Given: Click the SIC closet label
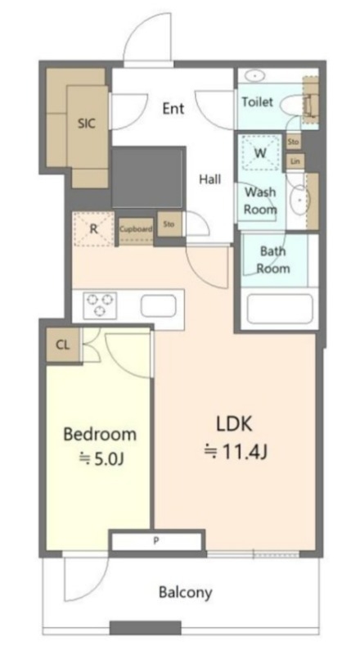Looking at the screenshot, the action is [87, 124].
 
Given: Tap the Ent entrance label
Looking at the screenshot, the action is [173, 109].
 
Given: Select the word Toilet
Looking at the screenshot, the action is [257, 102].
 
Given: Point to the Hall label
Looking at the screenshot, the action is [209, 179].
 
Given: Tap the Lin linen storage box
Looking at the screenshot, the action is [295, 161].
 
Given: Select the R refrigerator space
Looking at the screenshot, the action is [93, 229].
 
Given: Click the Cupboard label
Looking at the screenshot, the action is [136, 229].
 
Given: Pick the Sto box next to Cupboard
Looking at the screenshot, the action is [169, 224].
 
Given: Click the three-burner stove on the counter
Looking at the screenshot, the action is [100, 305].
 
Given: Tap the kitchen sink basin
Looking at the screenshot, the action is [158, 305].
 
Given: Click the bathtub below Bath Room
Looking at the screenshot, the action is [280, 309].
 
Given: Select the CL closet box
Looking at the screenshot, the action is [63, 345].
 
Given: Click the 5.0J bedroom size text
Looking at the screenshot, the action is [102, 459].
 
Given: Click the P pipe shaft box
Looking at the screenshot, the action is [156, 542].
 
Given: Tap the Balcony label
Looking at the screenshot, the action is [186, 592].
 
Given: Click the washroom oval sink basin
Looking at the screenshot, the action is [299, 200].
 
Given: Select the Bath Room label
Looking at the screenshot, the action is [272, 260].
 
